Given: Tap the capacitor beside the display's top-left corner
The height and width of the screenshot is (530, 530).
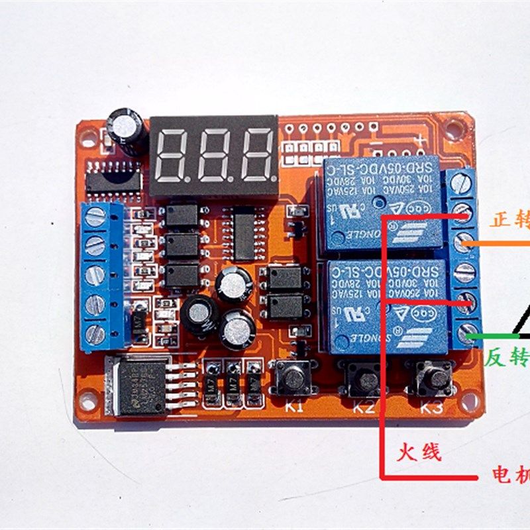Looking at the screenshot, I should (126, 129).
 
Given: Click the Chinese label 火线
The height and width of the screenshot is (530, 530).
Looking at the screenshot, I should (419, 452).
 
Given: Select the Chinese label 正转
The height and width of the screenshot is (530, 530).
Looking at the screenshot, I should (509, 220).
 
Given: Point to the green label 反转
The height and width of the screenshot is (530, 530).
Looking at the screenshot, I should (507, 358).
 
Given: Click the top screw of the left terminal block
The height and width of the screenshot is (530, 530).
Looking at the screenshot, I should (96, 215).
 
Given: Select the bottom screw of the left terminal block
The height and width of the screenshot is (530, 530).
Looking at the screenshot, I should (96, 333).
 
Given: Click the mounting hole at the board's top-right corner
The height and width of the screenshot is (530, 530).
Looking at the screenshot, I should (454, 128).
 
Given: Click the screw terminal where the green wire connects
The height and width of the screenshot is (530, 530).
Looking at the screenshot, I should (467, 330).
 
